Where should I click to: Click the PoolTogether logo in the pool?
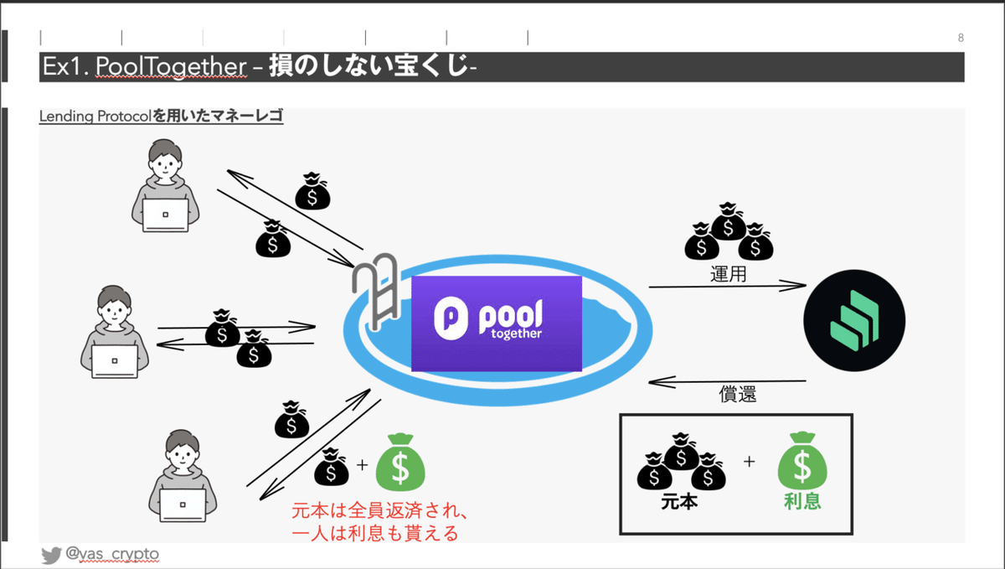(496, 323)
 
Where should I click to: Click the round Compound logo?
(853, 320)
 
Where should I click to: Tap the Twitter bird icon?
(51, 555)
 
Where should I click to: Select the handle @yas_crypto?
(112, 554)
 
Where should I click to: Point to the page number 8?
(961, 38)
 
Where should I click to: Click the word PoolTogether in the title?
(171, 66)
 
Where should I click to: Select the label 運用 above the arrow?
(728, 274)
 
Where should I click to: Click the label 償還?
(738, 394)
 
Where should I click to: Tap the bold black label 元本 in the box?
(679, 502)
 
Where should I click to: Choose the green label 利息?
(802, 501)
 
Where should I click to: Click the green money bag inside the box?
(802, 460)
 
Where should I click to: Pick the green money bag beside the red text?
(400, 462)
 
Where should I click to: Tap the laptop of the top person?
(165, 215)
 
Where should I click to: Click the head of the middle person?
(114, 304)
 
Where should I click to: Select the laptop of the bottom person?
(183, 505)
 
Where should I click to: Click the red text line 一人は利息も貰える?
(375, 533)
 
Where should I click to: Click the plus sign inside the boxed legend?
(749, 462)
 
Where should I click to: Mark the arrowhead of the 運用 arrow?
(806, 285)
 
